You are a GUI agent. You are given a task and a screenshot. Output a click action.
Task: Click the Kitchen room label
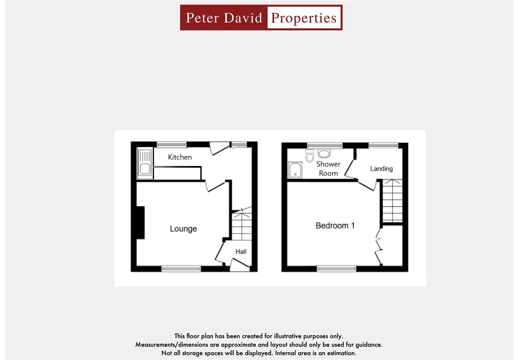[180, 157]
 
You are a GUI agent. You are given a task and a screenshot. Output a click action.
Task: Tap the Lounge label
[183, 229]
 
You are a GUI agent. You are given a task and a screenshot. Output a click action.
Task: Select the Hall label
[241, 252]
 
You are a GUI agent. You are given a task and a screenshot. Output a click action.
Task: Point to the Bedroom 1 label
[335, 226]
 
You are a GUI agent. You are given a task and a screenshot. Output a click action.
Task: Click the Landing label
[381, 169]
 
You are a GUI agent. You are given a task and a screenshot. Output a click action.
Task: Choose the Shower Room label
[328, 169]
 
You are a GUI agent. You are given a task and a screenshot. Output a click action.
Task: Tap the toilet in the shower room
[310, 156]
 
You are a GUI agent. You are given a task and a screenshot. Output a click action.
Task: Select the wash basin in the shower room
[324, 154]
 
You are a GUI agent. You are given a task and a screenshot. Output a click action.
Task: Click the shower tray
[295, 170]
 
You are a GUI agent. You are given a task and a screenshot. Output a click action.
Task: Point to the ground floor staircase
[242, 227]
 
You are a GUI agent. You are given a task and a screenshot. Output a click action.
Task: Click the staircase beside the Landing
[392, 201]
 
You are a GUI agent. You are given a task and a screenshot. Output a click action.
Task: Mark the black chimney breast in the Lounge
[140, 222]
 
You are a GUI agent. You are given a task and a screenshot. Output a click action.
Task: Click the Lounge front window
[181, 269]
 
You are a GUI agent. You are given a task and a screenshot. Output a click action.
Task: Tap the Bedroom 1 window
[336, 269]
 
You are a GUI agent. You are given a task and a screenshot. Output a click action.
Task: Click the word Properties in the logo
[304, 18]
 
